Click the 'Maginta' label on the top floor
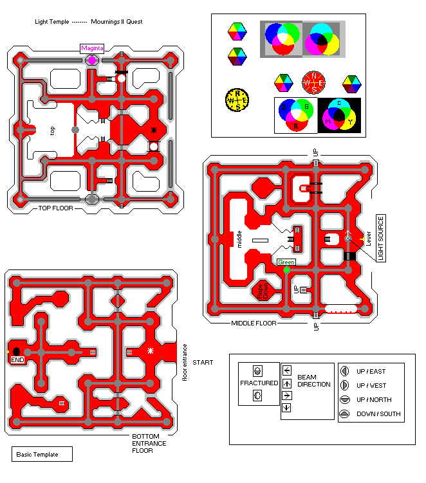[x=91, y=48]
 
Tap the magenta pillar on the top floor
[x=92, y=60]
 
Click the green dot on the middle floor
[x=287, y=269]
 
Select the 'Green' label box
[x=286, y=262]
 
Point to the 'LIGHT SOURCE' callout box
[x=380, y=238]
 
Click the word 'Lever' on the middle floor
[x=369, y=238]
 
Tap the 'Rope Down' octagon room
[x=262, y=291]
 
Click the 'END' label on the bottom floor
[x=17, y=361]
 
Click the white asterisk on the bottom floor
[x=151, y=351]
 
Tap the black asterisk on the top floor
[x=154, y=131]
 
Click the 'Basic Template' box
[x=42, y=455]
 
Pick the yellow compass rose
[x=237, y=100]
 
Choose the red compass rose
[x=315, y=83]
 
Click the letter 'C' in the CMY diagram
[x=339, y=104]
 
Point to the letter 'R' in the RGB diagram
[x=296, y=126]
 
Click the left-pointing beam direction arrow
[x=286, y=370]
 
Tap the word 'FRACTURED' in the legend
[x=259, y=383]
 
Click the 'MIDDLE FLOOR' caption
[x=254, y=323]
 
